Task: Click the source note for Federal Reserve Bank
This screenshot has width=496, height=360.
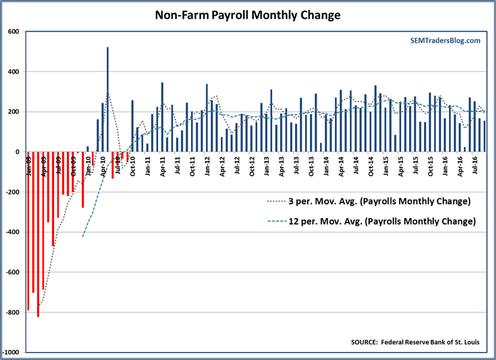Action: (x=415, y=342)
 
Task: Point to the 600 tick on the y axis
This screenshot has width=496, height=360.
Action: (x=14, y=31)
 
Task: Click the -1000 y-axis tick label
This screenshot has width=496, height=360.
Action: (x=11, y=353)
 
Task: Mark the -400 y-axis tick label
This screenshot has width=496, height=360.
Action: (x=13, y=232)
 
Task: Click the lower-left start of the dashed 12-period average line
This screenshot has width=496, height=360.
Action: (x=83, y=237)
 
